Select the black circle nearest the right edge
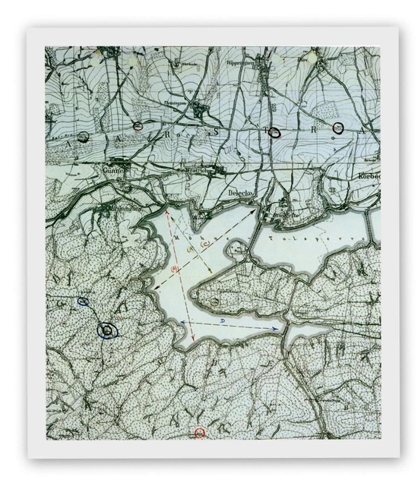click(x=338, y=128)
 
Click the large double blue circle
click(x=107, y=330)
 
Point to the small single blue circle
click(x=84, y=301)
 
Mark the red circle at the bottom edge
click(x=200, y=433)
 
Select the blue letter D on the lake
click(x=221, y=322)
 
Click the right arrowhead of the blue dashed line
click(x=273, y=328)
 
